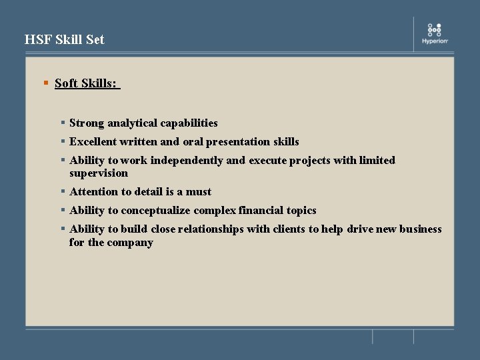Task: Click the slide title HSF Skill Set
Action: coord(65,39)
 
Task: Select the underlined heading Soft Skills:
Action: coord(86,83)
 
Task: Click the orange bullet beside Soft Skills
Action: coord(46,83)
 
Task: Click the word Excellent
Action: coord(92,141)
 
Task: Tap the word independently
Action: coord(187,160)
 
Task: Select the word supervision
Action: coord(99,173)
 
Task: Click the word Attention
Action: coord(93,192)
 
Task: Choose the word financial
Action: coord(261,211)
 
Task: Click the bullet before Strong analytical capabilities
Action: coord(62,123)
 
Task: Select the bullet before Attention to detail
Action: coord(62,191)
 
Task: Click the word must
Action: coord(199,192)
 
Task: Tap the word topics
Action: coord(301,211)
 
